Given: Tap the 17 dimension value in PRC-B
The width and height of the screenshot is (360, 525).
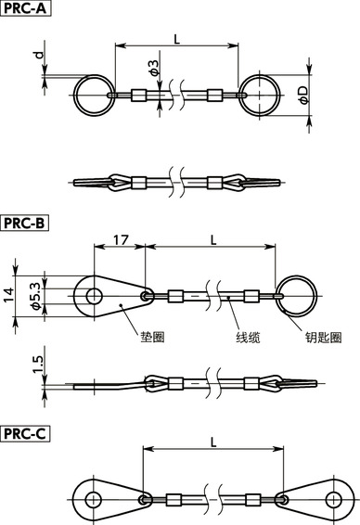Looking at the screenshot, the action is click(120, 240).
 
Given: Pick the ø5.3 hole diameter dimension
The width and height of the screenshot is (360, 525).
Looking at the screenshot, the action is click(34, 295).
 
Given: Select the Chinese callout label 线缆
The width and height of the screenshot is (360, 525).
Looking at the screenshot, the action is click(247, 338).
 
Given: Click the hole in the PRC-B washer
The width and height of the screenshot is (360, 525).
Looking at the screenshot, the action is click(94, 296).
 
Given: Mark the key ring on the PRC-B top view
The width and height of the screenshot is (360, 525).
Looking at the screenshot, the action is click(296, 296).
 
